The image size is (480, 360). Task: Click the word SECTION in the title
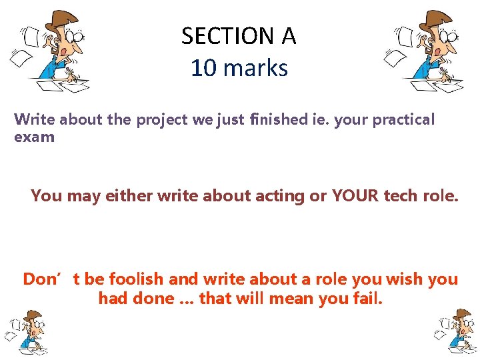pyautogui.click(x=227, y=36)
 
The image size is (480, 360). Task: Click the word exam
pyautogui.click(x=34, y=138)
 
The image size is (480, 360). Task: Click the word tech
pyautogui.click(x=401, y=196)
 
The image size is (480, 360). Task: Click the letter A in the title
pyautogui.click(x=288, y=36)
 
